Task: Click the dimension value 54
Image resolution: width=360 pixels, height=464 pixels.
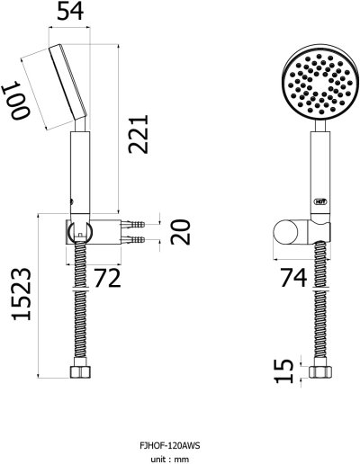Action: click(x=70, y=11)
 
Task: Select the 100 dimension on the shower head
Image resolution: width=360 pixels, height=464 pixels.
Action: click(x=16, y=99)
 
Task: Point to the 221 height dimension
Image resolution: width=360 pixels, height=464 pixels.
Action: click(x=139, y=134)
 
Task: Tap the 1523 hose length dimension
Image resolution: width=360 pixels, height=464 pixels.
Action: click(x=22, y=294)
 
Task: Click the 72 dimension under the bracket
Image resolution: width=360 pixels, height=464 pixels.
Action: click(x=107, y=278)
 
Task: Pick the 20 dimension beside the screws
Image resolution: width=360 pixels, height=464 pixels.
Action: click(x=181, y=232)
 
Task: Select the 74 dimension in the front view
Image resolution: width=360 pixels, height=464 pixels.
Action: click(x=293, y=277)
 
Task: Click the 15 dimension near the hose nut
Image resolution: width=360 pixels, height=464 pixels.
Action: click(x=283, y=370)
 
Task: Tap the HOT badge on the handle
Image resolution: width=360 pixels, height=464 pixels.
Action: click(x=320, y=201)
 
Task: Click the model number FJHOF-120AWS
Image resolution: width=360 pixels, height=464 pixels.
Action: click(x=169, y=445)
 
